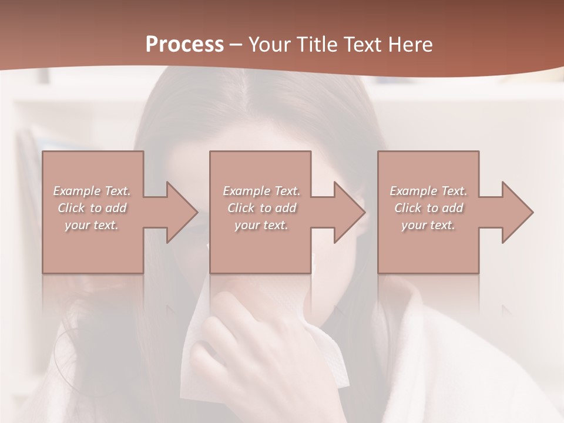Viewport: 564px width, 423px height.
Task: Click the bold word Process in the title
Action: tap(184, 45)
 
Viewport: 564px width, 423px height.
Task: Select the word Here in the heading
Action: tap(409, 45)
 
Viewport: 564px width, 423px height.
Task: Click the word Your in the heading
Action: tap(271, 45)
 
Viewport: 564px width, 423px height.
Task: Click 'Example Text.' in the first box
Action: tap(92, 191)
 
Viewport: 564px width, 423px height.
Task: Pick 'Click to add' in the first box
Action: tap(92, 208)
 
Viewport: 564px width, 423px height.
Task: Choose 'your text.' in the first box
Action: tap(92, 225)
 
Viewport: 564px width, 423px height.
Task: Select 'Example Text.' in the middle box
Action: tap(261, 191)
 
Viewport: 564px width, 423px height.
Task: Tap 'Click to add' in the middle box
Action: tap(261, 208)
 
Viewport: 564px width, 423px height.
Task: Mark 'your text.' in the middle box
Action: tap(261, 225)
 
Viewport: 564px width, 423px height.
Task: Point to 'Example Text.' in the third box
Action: tap(428, 191)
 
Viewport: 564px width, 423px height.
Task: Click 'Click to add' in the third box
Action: tap(428, 208)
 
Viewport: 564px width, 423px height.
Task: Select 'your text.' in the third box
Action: tap(428, 225)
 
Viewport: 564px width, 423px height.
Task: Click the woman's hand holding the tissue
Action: tap(258, 347)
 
